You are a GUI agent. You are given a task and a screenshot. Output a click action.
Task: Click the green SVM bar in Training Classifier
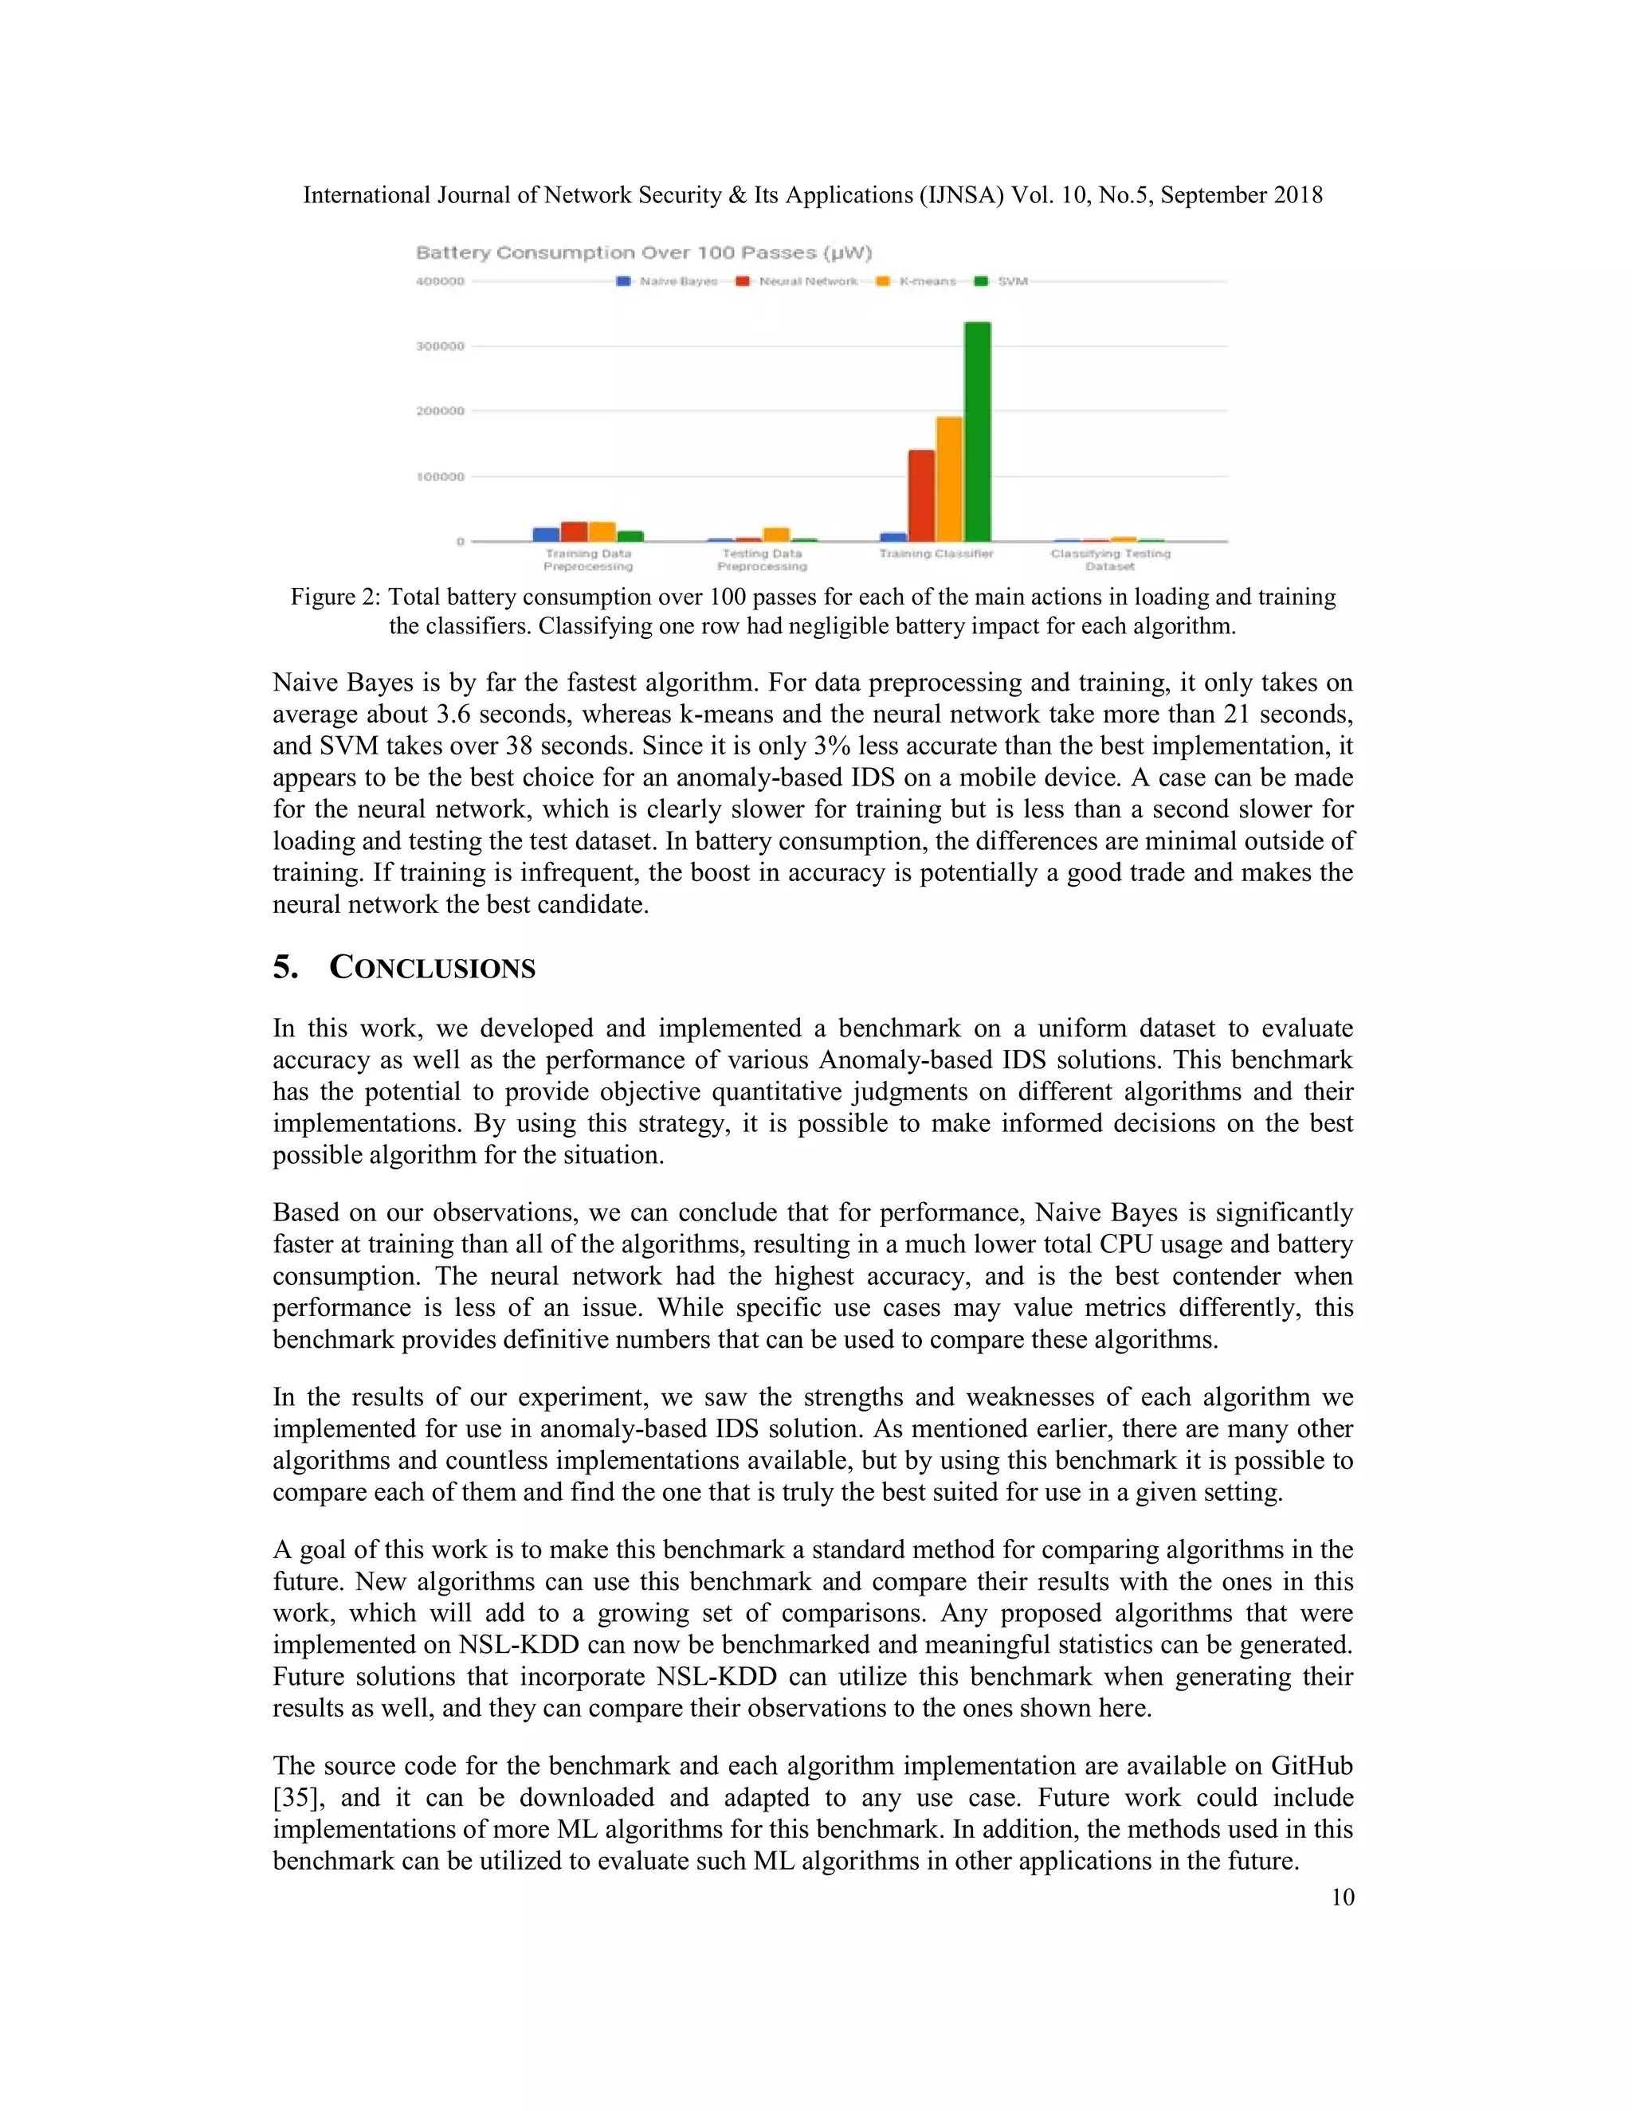pos(978,431)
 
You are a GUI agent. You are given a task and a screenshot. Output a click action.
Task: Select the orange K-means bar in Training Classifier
pos(949,479)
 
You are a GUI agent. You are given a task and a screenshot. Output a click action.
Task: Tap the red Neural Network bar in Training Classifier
pos(921,495)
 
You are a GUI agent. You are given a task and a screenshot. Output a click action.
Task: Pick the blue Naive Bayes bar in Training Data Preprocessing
pos(546,535)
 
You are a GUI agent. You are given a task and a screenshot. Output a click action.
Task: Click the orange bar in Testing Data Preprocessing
pos(776,535)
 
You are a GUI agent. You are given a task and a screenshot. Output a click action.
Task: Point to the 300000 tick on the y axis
pos(440,346)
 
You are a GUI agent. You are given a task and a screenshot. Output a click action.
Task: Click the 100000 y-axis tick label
pos(440,476)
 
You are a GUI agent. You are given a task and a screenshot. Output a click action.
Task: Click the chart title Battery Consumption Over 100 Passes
pos(644,253)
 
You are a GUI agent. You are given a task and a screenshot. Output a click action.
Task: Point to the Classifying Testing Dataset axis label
pos(1110,560)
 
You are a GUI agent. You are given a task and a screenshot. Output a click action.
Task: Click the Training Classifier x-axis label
pos(936,554)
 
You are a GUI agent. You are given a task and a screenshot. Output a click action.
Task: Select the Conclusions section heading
pos(431,968)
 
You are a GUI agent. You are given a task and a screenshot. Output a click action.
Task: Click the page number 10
pos(1342,1897)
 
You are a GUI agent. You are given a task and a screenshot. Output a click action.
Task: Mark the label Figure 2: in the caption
pos(335,597)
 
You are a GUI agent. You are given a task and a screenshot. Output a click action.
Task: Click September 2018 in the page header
pos(1242,195)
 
